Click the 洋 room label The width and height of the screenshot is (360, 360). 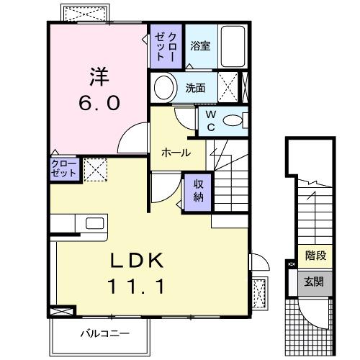pos(99,76)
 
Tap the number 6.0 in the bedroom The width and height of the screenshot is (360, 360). pos(99,102)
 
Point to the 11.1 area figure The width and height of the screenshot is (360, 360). pos(138,287)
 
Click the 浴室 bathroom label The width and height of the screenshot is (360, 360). pos(200,46)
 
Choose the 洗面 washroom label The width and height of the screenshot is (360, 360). pos(195,89)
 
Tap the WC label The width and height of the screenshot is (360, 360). pos(211,121)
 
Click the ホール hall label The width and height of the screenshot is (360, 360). pos(176,153)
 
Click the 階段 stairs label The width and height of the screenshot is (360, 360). pos(315,254)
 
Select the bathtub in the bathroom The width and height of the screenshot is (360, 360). pos(233,46)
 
